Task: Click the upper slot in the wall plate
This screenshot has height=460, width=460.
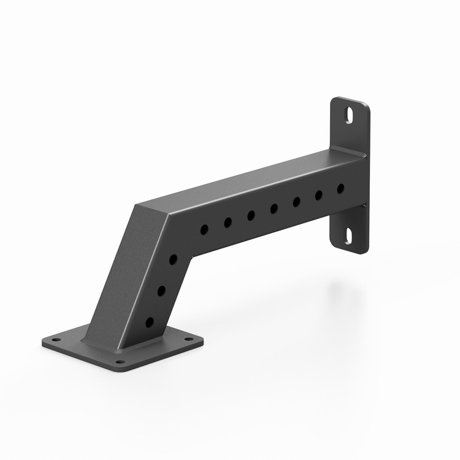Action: point(349,115)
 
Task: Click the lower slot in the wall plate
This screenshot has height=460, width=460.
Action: point(349,236)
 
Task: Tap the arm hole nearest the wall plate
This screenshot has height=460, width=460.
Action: point(341,188)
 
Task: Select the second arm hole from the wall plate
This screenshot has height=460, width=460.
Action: point(319,195)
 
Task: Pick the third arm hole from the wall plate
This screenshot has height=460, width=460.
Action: point(296,202)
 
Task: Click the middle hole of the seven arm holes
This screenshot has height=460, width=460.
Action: point(274,209)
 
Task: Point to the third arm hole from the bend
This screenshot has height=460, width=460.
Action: point(251,215)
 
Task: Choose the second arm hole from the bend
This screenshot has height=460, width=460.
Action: point(228,222)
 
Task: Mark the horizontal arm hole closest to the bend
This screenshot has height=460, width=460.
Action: point(204,229)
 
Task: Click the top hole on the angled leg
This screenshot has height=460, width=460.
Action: point(173,259)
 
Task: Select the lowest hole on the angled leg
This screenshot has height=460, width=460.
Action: point(150,322)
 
